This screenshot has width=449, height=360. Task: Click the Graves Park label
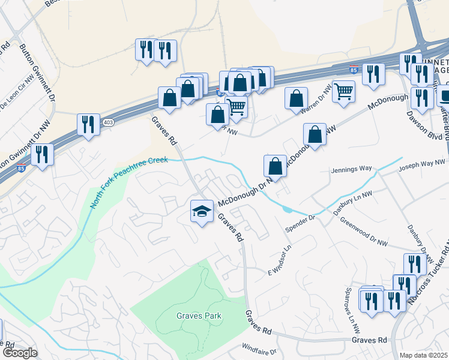click(199, 316)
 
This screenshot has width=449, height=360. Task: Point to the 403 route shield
click(108, 122)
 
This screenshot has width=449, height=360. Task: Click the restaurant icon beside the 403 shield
click(88, 124)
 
